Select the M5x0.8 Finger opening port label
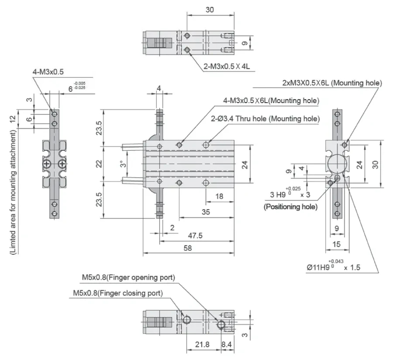click(x=128, y=278)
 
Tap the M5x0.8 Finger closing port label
click(x=118, y=293)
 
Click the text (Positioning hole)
click(x=290, y=207)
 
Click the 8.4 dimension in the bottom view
click(x=226, y=344)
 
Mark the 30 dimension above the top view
click(x=210, y=10)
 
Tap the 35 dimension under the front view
click(x=205, y=211)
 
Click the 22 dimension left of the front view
click(x=100, y=164)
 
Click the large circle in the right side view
click(x=337, y=164)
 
